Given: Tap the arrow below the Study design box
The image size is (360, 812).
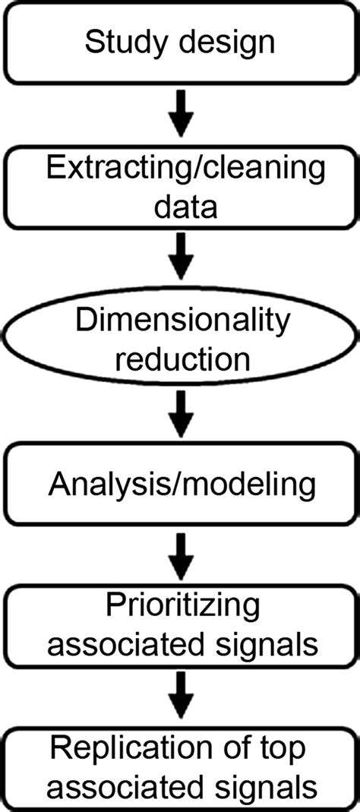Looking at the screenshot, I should [x=180, y=113].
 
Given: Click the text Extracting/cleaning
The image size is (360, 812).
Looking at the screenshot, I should [x=180, y=169].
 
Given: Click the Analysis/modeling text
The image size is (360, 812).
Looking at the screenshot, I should [x=180, y=484].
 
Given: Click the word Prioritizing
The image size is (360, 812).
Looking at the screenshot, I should [x=180, y=608].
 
